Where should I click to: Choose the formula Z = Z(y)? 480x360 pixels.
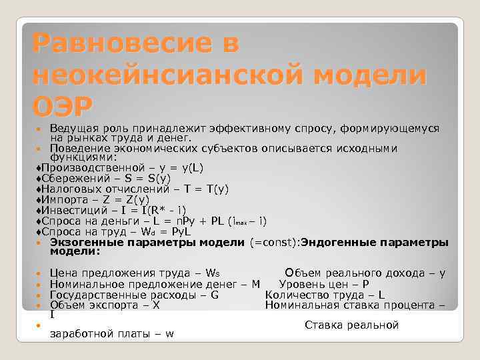click(x=125, y=199)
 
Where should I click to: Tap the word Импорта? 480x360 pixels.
click(x=65, y=199)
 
